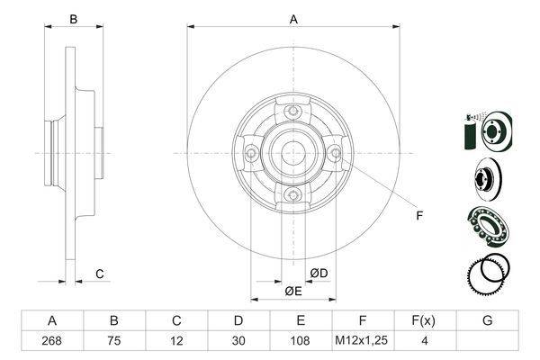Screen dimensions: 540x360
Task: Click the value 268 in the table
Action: [51, 341]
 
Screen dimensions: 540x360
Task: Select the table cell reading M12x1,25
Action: [362, 340]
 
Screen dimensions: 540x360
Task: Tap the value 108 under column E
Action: [300, 341]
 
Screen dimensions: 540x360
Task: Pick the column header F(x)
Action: [424, 320]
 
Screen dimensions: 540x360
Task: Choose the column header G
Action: [487, 320]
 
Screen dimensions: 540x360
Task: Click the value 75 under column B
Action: [114, 341]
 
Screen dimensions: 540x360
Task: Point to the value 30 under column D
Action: [238, 341]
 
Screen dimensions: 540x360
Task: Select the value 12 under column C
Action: [176, 341]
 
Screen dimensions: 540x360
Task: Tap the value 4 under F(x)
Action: [425, 341]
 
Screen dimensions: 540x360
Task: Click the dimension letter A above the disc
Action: [293, 19]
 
